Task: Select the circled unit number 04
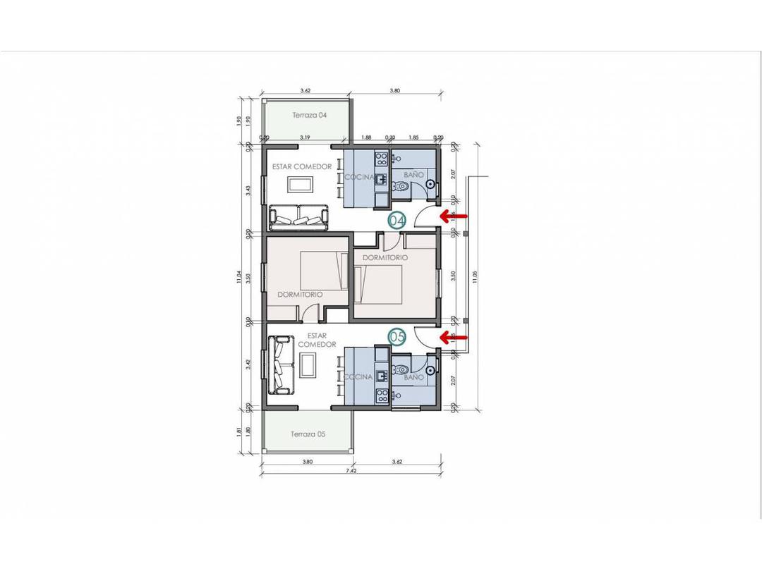tap(397, 220)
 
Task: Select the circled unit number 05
tap(397, 338)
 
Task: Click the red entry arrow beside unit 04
tap(454, 215)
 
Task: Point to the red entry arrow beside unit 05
tap(454, 338)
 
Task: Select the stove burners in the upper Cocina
tap(382, 159)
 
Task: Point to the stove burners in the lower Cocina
tap(382, 395)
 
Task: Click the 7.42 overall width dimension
tap(351, 469)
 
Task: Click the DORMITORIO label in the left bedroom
tap(300, 294)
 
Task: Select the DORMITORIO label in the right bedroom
tap(385, 258)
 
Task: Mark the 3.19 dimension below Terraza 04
tap(306, 138)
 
